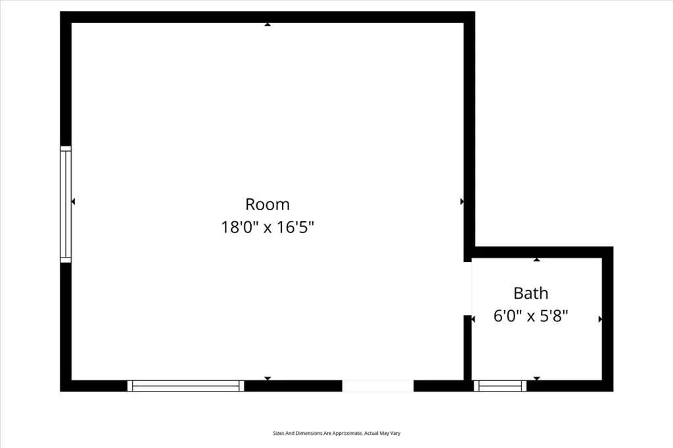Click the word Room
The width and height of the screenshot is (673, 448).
click(x=267, y=204)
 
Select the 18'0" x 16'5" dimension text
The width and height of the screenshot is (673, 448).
click(x=267, y=228)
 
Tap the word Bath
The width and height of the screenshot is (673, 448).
click(x=530, y=293)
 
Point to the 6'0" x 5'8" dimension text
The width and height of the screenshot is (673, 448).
click(x=530, y=316)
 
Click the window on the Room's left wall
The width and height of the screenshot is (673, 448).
click(x=66, y=204)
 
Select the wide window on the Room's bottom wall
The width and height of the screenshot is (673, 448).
click(x=186, y=386)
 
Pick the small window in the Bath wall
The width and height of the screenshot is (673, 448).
click(x=500, y=386)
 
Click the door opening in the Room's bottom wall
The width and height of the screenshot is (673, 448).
click(x=378, y=386)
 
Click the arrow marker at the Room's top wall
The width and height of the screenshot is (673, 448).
click(x=267, y=25)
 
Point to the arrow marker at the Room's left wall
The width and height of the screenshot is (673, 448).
click(x=73, y=202)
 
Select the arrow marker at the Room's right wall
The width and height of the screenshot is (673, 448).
click(x=462, y=202)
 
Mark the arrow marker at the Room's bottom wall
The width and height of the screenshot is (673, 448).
click(x=267, y=378)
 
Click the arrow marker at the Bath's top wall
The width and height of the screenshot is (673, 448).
click(x=537, y=260)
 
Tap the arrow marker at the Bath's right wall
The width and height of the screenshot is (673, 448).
click(x=600, y=319)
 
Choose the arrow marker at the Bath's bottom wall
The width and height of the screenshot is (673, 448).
click(x=537, y=378)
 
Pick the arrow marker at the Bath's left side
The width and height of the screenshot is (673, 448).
click(x=473, y=319)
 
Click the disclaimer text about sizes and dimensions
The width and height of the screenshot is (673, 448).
click(x=336, y=433)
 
